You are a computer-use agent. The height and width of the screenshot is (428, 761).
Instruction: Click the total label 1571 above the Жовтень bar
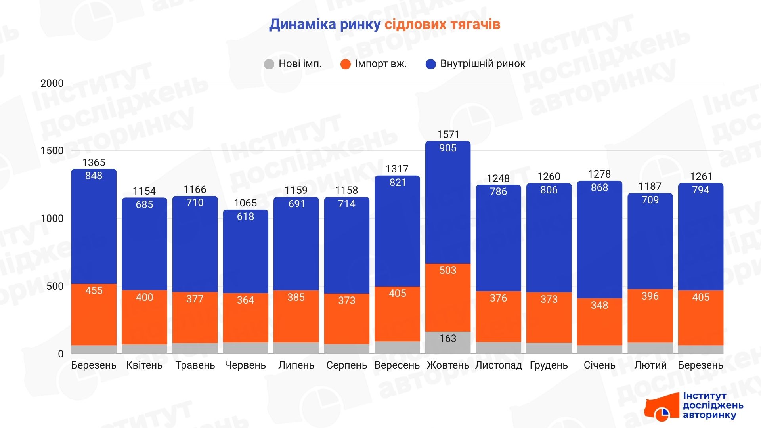[x=448, y=135]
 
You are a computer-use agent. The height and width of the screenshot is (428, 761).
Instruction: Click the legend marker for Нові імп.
[x=269, y=64]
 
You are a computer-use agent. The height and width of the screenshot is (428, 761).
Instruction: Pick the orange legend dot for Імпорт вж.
[x=346, y=64]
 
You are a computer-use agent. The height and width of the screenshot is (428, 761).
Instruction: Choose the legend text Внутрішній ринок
[x=482, y=64]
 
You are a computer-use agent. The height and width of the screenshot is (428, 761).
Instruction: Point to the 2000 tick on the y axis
[x=52, y=83]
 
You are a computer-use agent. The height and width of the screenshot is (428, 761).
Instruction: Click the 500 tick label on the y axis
[x=55, y=286]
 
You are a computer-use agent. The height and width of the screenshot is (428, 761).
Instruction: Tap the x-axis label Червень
[x=245, y=365]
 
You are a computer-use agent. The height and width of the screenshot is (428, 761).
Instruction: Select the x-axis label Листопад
[x=498, y=365]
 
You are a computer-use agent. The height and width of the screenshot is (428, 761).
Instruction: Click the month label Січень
[x=599, y=365]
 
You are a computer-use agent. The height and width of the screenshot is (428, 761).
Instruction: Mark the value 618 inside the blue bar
[x=245, y=216]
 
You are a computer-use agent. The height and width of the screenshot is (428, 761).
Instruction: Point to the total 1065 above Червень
[x=245, y=203]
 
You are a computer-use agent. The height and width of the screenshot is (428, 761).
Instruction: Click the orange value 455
[x=94, y=290]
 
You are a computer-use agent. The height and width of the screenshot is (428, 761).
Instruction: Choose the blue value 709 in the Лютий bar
[x=650, y=200]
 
